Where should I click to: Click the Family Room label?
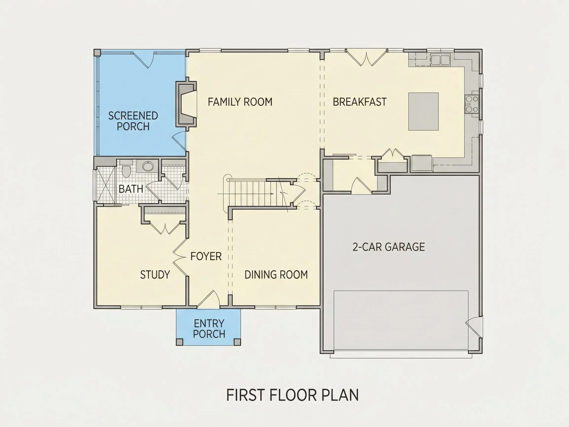(240, 102)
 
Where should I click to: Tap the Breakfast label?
(360, 102)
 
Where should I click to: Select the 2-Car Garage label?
(388, 247)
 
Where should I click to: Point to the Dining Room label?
(276, 275)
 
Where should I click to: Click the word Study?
(155, 275)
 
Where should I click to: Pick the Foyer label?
(206, 256)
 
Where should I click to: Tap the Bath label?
(131, 189)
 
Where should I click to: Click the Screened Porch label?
(133, 121)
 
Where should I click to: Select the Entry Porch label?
(209, 329)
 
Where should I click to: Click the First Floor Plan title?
(292, 395)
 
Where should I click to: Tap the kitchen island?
(423, 111)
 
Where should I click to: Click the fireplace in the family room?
(186, 104)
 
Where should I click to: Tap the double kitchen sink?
(441, 60)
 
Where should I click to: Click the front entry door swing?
(208, 299)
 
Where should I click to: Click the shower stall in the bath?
(106, 185)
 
